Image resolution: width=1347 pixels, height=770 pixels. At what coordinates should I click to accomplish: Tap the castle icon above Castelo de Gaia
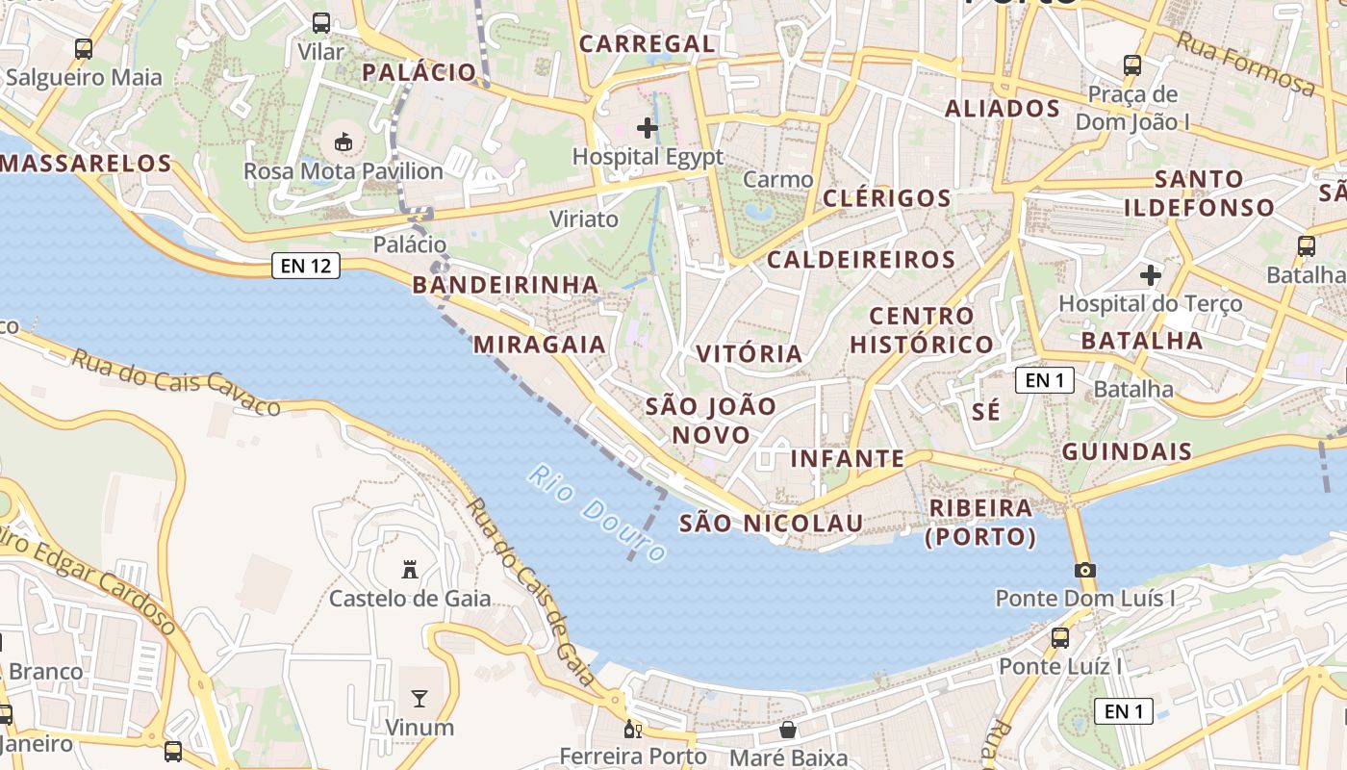410,569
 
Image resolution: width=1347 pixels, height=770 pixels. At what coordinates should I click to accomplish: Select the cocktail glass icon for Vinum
419,698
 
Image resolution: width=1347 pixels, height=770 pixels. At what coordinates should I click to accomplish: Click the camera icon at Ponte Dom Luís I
1085,570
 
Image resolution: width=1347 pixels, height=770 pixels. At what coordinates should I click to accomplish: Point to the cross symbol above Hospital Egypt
648,127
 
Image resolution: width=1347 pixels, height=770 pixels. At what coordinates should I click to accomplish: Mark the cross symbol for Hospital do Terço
1151,275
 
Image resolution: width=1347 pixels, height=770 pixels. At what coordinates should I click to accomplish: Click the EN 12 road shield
306,266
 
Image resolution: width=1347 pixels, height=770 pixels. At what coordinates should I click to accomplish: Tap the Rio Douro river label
597,514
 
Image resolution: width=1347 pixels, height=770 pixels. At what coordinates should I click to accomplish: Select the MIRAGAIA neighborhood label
540,345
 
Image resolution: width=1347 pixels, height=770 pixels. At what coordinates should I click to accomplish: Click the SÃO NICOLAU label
772,524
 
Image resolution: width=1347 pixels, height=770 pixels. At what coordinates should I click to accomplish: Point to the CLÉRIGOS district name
887,198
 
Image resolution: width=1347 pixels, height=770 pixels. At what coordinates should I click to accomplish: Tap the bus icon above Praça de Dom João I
1132,65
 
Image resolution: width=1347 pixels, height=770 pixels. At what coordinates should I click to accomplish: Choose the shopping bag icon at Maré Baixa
788,730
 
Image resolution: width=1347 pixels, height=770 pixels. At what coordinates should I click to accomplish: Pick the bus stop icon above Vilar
321,23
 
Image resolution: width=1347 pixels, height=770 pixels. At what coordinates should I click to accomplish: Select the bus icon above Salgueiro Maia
84,48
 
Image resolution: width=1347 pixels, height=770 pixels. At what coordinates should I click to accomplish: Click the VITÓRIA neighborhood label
750,353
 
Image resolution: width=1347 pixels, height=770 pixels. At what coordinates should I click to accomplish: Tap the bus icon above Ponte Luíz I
1060,637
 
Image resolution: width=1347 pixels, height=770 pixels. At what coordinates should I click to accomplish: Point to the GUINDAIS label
1127,451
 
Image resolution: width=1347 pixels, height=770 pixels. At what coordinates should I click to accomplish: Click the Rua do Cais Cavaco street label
177,382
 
